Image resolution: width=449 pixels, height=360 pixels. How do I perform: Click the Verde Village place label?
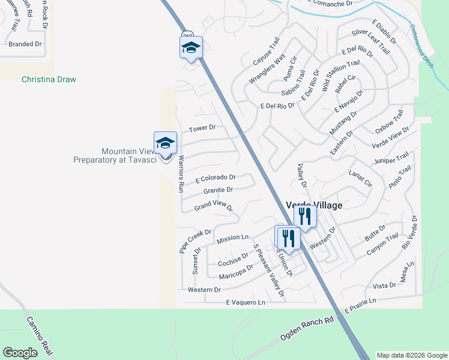(x=314, y=205)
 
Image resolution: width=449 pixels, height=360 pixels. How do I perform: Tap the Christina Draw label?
(x=49, y=79)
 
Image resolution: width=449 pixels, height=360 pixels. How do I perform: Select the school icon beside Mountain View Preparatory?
(x=165, y=143)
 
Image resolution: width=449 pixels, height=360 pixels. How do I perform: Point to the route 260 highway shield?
(x=188, y=35)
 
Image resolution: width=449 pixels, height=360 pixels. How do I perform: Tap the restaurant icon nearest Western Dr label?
(x=305, y=217)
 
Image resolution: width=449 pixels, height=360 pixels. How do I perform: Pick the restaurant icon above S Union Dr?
(x=286, y=237)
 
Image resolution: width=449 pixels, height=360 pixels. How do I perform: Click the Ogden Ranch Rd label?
(x=307, y=329)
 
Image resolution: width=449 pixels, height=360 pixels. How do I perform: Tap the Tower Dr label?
(x=202, y=128)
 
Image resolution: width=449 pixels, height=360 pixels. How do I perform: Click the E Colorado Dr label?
(x=215, y=178)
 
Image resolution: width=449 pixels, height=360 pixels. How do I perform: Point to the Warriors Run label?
(x=181, y=173)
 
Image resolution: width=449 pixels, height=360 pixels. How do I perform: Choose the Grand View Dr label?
(x=212, y=207)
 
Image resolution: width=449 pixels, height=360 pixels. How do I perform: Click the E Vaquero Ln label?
(x=246, y=302)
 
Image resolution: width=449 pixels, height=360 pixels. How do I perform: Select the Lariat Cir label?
(x=360, y=178)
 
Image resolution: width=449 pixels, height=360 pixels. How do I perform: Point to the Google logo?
(x=20, y=352)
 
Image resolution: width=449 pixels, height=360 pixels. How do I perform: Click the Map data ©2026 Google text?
(x=412, y=355)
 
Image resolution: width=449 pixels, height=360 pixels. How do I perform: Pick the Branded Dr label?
(x=25, y=44)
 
